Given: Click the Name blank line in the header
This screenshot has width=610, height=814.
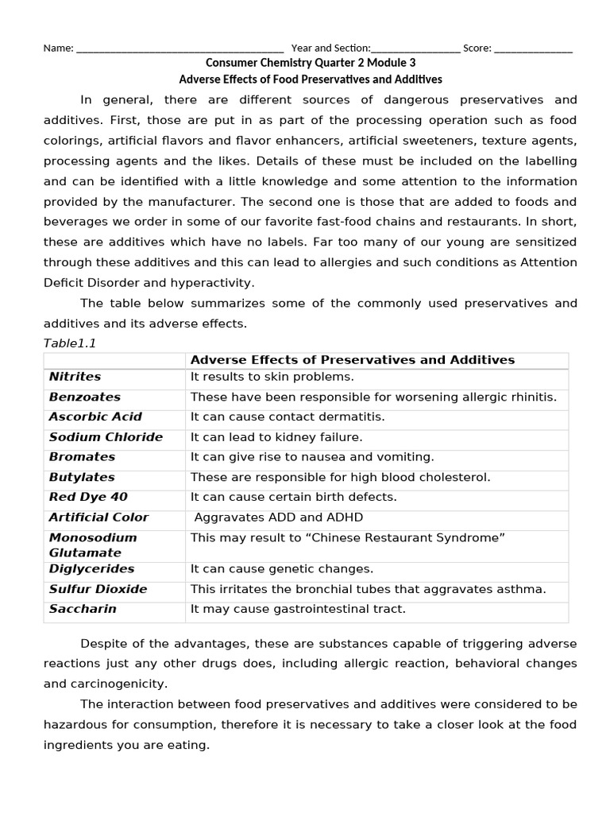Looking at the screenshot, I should (x=180, y=48).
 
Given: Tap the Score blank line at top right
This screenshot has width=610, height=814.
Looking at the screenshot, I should (x=533, y=48).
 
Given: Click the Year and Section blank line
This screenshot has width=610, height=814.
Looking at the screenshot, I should (x=415, y=48).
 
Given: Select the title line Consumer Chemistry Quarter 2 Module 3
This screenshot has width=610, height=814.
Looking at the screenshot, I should (x=311, y=63).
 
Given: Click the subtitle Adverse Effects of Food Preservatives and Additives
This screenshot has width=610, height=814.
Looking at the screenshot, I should (x=311, y=79).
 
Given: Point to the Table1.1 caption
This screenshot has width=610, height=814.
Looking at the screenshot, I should (x=69, y=343).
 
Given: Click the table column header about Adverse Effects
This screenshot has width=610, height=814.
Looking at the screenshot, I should (x=353, y=360).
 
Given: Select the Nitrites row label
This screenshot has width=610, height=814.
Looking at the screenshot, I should (x=75, y=377).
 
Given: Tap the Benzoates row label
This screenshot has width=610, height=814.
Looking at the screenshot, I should (x=85, y=397).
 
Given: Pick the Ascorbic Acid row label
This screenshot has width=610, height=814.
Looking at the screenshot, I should (x=95, y=417).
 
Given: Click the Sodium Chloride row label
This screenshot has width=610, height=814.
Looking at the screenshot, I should (x=106, y=436).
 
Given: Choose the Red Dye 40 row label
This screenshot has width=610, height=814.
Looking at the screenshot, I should (x=88, y=497).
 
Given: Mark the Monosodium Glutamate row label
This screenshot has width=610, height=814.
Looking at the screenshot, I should (x=92, y=545).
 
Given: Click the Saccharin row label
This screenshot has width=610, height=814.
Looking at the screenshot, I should (x=83, y=609).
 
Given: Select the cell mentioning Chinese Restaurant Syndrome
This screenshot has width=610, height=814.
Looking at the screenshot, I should (x=347, y=537).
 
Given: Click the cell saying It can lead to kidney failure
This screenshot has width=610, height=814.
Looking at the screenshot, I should (x=276, y=436).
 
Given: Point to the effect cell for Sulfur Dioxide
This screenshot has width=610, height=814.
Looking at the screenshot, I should (x=368, y=589).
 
